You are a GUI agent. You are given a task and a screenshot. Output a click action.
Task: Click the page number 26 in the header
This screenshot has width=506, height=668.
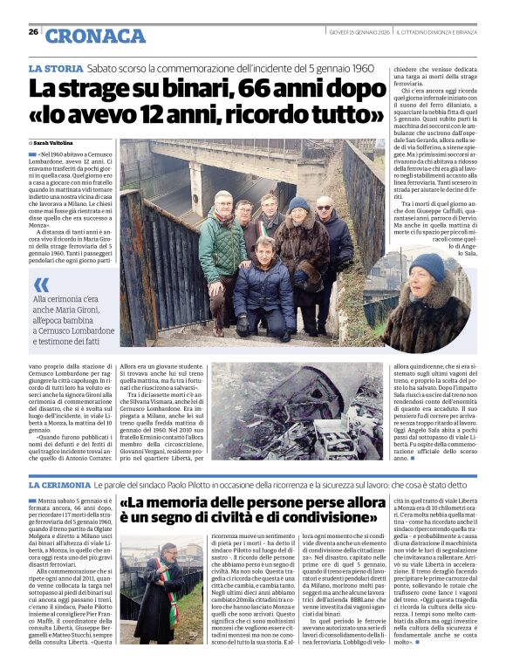point(33,31)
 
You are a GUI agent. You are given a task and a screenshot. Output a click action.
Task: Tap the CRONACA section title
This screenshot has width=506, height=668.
point(96,36)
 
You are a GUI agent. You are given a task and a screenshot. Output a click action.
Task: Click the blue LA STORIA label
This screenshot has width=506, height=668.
point(56,68)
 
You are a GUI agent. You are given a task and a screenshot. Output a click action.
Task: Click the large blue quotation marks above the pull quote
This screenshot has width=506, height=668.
point(41,285)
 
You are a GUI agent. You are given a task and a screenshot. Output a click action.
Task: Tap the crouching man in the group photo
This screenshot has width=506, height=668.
point(263,283)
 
